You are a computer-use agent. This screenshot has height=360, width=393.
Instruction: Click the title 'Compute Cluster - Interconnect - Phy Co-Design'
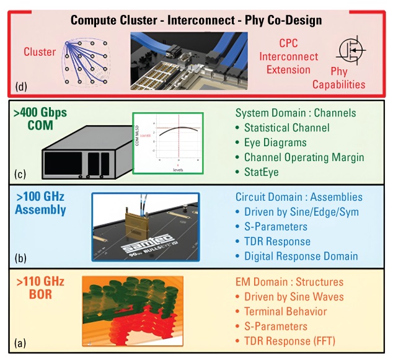pyautogui.click(x=196, y=20)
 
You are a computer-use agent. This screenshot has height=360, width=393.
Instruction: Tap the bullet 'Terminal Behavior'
pyautogui.click(x=288, y=312)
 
